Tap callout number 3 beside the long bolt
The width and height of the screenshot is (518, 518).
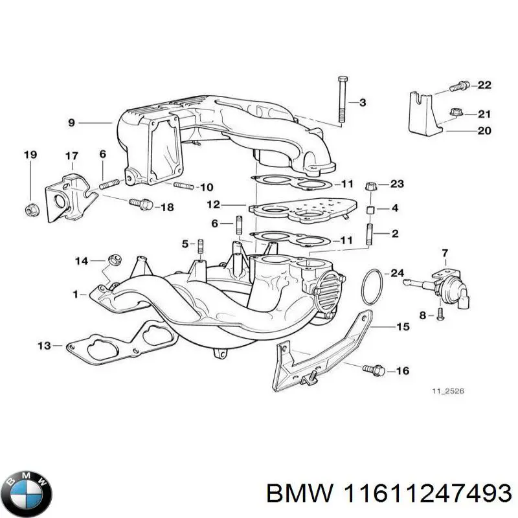tap(363, 102)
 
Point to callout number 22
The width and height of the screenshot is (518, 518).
tap(484, 85)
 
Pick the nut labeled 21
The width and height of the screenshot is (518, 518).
tap(455, 115)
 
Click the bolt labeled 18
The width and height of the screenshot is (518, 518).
tap(139, 204)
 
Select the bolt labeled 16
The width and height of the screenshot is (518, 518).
tap(375, 370)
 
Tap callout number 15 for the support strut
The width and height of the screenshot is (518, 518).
tap(403, 327)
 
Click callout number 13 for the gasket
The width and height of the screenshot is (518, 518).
tap(43, 346)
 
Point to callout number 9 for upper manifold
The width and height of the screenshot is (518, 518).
tap(71, 122)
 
